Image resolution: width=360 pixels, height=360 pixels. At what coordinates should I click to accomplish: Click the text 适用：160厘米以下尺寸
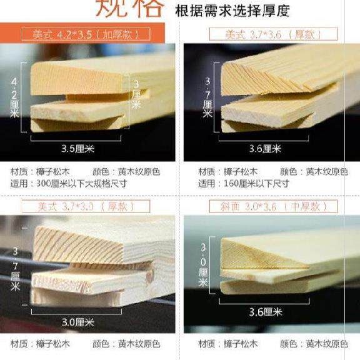click(244, 184)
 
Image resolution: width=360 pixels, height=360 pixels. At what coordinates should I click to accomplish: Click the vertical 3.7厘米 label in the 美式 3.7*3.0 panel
click(15, 269)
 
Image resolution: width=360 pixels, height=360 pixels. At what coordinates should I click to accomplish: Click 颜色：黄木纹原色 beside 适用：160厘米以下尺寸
click(314, 171)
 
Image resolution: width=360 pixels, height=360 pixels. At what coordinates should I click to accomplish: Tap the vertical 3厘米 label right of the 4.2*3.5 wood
click(135, 94)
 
